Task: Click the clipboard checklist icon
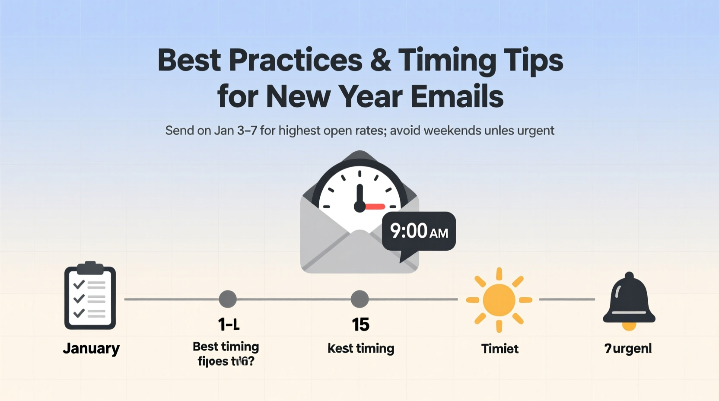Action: coord(90,296)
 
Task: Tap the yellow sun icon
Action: coord(499,300)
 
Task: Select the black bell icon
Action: coord(629,299)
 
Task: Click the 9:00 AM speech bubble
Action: coord(419,231)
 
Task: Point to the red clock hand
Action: coord(374,207)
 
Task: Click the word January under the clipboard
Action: coord(91,348)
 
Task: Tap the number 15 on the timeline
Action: coord(360,325)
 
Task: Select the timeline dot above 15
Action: coord(359,299)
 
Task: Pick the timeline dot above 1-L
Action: coord(228,299)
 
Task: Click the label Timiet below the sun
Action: coord(500,349)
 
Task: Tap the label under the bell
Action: coord(628,349)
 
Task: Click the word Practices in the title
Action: coord(296,60)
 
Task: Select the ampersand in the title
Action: coord(380,60)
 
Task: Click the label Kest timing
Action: coord(361,348)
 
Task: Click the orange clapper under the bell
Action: coord(629,326)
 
